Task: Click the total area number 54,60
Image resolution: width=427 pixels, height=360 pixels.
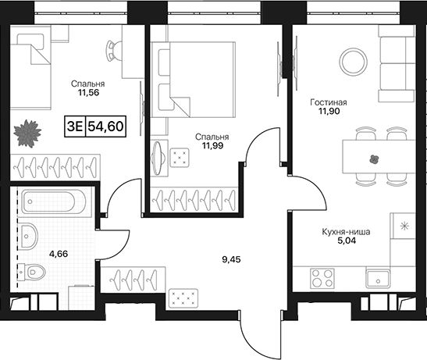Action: tap(105, 127)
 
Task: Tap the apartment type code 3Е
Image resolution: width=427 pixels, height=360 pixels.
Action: tap(75, 127)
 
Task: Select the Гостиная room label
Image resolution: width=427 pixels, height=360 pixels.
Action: tap(329, 102)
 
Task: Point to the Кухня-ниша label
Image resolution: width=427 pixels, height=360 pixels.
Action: tap(346, 232)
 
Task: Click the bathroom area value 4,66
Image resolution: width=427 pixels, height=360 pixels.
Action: tap(59, 254)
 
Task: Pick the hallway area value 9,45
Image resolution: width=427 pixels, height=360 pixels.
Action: tap(232, 259)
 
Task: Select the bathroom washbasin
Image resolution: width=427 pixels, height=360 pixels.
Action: tap(29, 236)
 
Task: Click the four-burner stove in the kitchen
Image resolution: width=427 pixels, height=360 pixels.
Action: tap(322, 278)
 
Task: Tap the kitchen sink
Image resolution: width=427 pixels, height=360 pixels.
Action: tap(378, 279)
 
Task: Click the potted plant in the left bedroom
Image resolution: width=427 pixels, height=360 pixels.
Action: tap(27, 134)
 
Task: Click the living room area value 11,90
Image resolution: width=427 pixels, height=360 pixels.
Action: tap(329, 111)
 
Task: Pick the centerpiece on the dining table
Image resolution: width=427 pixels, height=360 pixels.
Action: tap(375, 159)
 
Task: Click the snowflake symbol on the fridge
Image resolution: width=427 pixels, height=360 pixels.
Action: tap(405, 226)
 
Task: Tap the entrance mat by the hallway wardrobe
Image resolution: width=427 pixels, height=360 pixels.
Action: tap(183, 298)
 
